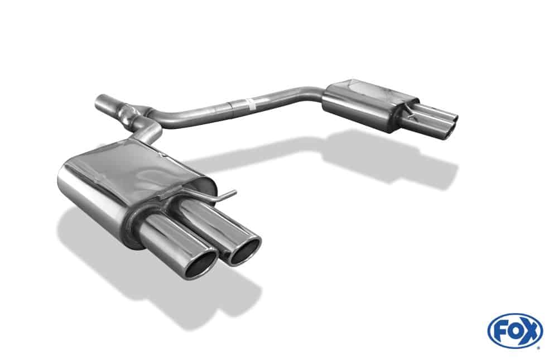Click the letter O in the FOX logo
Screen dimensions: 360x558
tap(514, 330)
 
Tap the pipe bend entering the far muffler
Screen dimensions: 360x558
tap(315, 95)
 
